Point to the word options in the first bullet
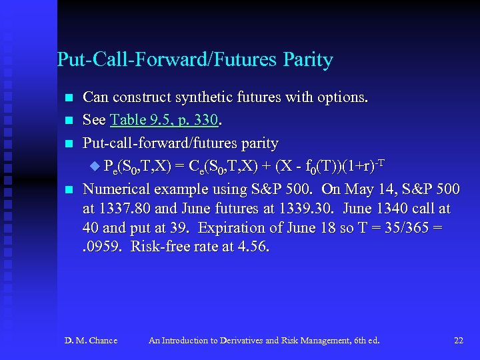(339, 97)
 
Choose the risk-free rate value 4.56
(255, 247)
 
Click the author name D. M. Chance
(91, 341)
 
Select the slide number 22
(458, 341)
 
